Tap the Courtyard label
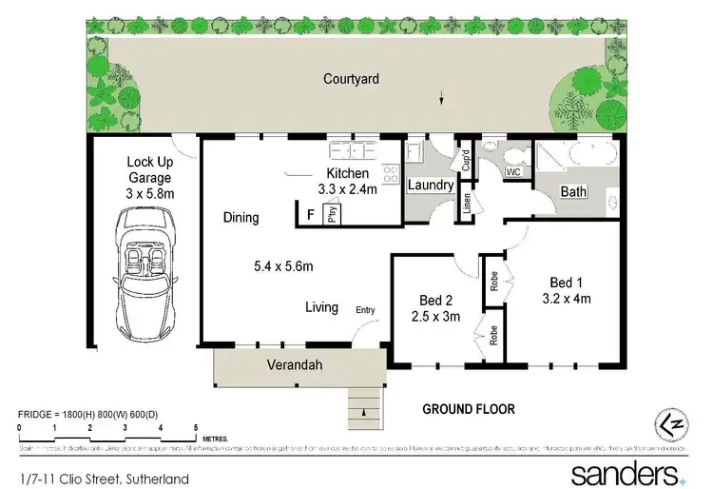click(x=351, y=79)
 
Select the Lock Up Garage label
click(x=149, y=178)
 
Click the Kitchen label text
click(x=347, y=174)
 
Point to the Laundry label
click(x=430, y=185)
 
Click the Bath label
click(x=573, y=192)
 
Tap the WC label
click(x=512, y=173)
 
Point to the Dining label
click(x=241, y=218)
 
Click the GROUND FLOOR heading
click(x=469, y=409)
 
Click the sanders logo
click(x=626, y=473)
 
